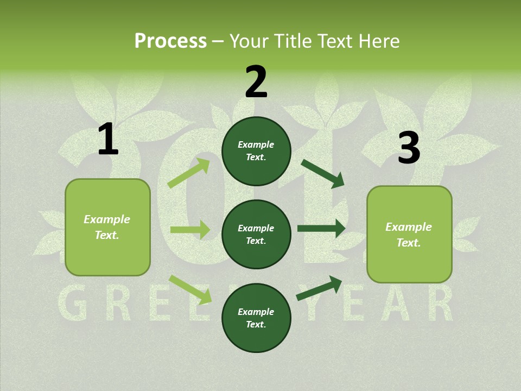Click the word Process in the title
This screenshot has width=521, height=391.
[x=170, y=41]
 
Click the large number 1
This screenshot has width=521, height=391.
[x=108, y=140]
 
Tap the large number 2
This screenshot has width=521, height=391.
[x=256, y=82]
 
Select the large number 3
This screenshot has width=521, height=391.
[x=409, y=148]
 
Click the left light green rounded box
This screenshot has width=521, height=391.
[x=107, y=227]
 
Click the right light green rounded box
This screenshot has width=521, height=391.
[x=409, y=235]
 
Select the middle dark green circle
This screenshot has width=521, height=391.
[x=256, y=235]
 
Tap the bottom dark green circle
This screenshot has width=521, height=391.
[x=256, y=318]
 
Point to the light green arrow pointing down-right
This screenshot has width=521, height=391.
[x=190, y=289]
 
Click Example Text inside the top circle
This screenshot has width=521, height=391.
[x=256, y=151]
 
